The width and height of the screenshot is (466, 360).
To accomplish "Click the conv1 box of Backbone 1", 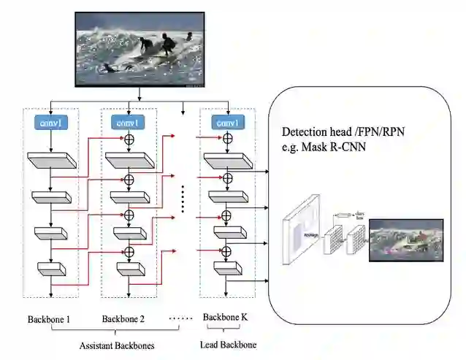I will pyautogui.click(x=50, y=123).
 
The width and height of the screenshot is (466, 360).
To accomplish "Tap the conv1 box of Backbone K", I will pyautogui.click(x=226, y=123).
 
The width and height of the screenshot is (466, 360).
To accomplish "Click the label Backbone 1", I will pyautogui.click(x=49, y=319).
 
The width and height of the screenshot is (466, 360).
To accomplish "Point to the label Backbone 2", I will pyautogui.click(x=123, y=319).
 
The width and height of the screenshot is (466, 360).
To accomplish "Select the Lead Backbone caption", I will pyautogui.click(x=229, y=345).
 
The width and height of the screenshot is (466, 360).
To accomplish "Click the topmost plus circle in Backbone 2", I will pyautogui.click(x=129, y=139).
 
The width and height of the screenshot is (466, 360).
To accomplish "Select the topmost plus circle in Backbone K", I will pyautogui.click(x=227, y=139).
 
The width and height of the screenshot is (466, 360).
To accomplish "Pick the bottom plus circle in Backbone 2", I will pyautogui.click(x=129, y=252).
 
